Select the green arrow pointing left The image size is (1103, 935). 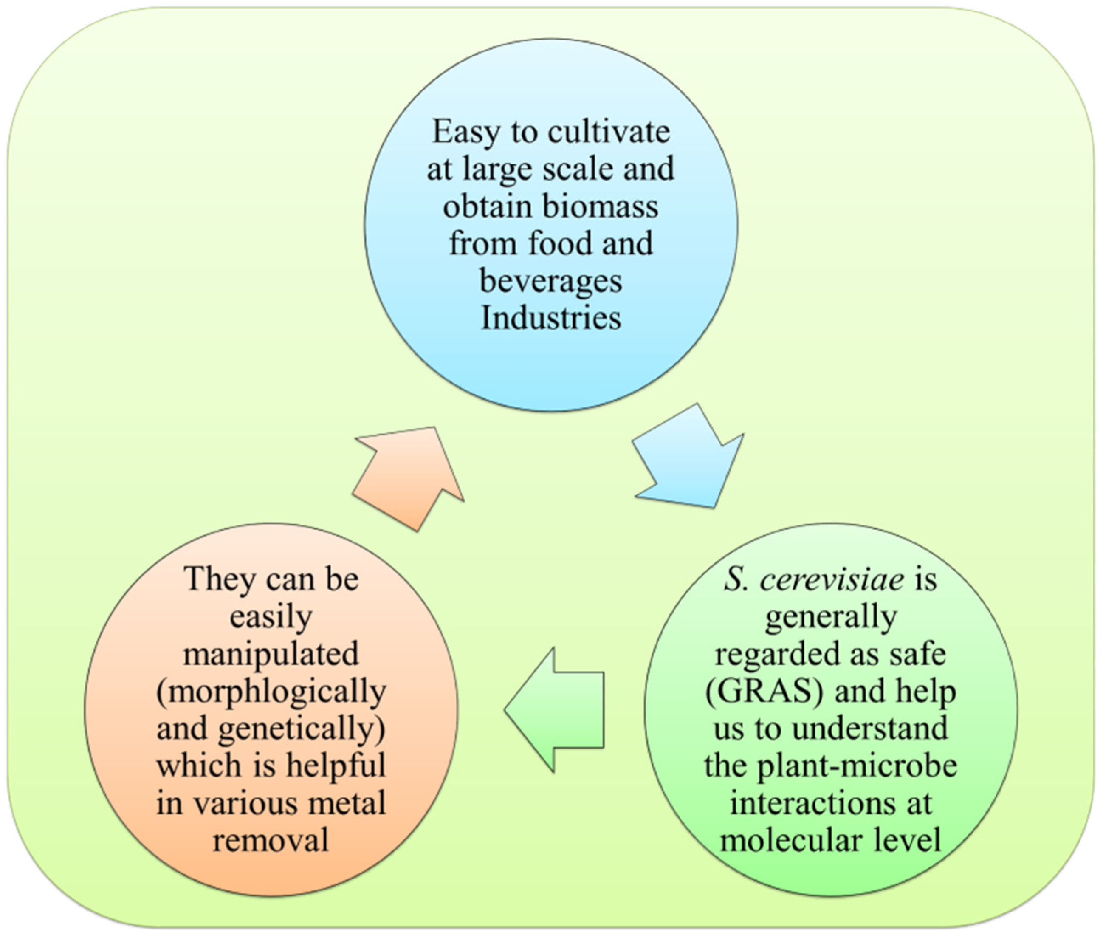click(554, 710)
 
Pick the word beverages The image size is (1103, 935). click(551, 282)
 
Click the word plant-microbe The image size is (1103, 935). click(858, 766)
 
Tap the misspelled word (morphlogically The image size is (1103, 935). click(271, 692)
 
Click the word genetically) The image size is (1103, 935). click(302, 729)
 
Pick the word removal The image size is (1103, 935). click(271, 841)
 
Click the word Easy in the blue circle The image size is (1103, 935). click(466, 133)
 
